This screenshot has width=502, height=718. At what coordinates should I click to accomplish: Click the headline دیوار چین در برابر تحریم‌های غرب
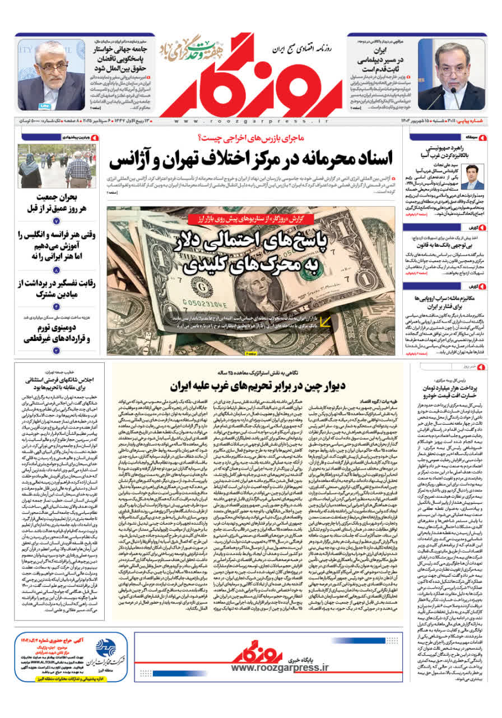257,386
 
